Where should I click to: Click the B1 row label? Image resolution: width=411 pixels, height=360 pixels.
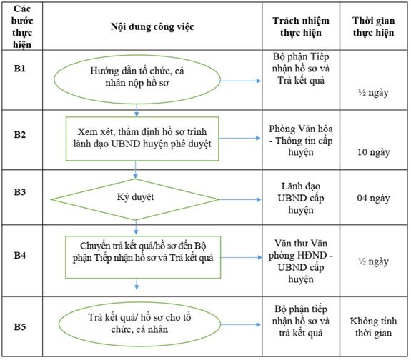click(20, 69)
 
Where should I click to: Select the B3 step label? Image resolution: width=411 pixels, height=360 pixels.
click(20, 192)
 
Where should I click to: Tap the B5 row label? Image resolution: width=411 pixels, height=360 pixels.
click(20, 326)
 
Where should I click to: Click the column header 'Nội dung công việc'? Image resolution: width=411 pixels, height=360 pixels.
click(152, 26)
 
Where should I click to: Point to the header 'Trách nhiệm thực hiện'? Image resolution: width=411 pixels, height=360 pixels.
click(301, 26)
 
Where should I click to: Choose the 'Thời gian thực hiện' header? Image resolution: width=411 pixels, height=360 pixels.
click(373, 26)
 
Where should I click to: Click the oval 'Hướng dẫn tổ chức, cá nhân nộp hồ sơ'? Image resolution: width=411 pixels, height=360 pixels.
click(137, 80)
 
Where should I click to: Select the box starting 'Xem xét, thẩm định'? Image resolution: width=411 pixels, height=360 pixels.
click(142, 139)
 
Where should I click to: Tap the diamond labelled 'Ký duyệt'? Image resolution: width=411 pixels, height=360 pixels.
click(135, 199)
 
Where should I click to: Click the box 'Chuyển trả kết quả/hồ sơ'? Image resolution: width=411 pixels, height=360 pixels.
click(143, 257)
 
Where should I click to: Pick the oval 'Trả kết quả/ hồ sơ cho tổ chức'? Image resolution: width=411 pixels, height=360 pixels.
click(139, 324)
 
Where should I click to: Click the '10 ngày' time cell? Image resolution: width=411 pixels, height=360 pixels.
click(374, 152)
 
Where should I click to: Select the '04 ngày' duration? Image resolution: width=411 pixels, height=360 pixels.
click(373, 198)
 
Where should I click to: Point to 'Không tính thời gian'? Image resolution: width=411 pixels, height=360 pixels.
click(373, 326)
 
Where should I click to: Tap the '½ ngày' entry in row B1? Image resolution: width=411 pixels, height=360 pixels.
click(373, 92)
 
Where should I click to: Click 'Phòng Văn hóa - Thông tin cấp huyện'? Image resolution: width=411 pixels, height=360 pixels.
click(301, 141)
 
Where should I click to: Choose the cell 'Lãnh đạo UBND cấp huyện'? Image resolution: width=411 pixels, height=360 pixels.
click(301, 198)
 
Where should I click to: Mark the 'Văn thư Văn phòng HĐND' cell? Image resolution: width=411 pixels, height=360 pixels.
click(301, 261)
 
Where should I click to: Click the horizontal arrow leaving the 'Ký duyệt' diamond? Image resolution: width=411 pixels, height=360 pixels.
click(240, 200)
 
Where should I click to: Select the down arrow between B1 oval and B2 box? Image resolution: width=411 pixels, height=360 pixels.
click(137, 110)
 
